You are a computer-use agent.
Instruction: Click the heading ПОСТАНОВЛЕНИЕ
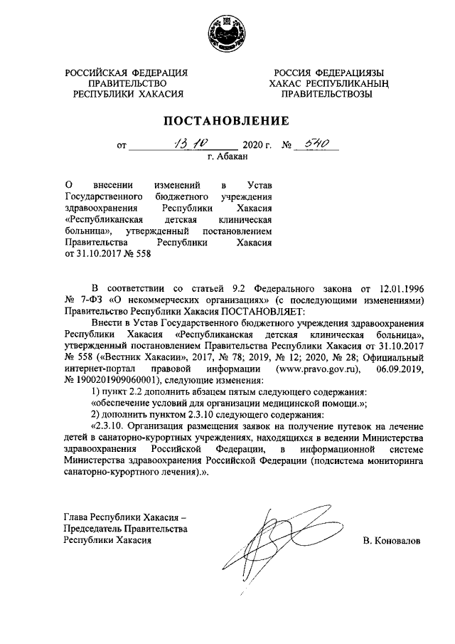click(x=227, y=120)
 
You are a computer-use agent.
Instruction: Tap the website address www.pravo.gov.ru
click(x=318, y=371)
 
